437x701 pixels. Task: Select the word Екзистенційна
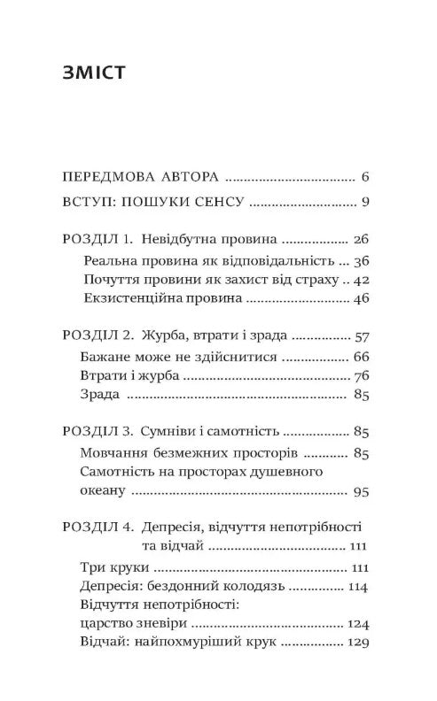coord(123,301)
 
